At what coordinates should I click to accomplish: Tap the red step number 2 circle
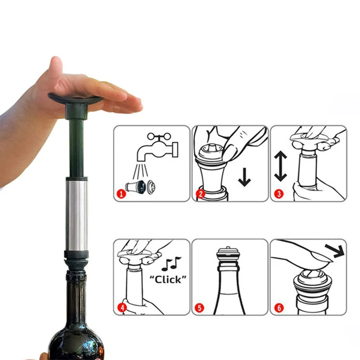tap(200, 195)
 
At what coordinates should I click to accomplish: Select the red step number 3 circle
tap(278, 195)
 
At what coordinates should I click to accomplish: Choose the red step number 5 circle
tap(200, 308)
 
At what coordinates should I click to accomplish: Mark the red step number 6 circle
tap(278, 308)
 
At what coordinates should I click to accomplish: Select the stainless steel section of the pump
tap(76, 214)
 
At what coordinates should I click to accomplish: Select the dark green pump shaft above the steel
tap(76, 144)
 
